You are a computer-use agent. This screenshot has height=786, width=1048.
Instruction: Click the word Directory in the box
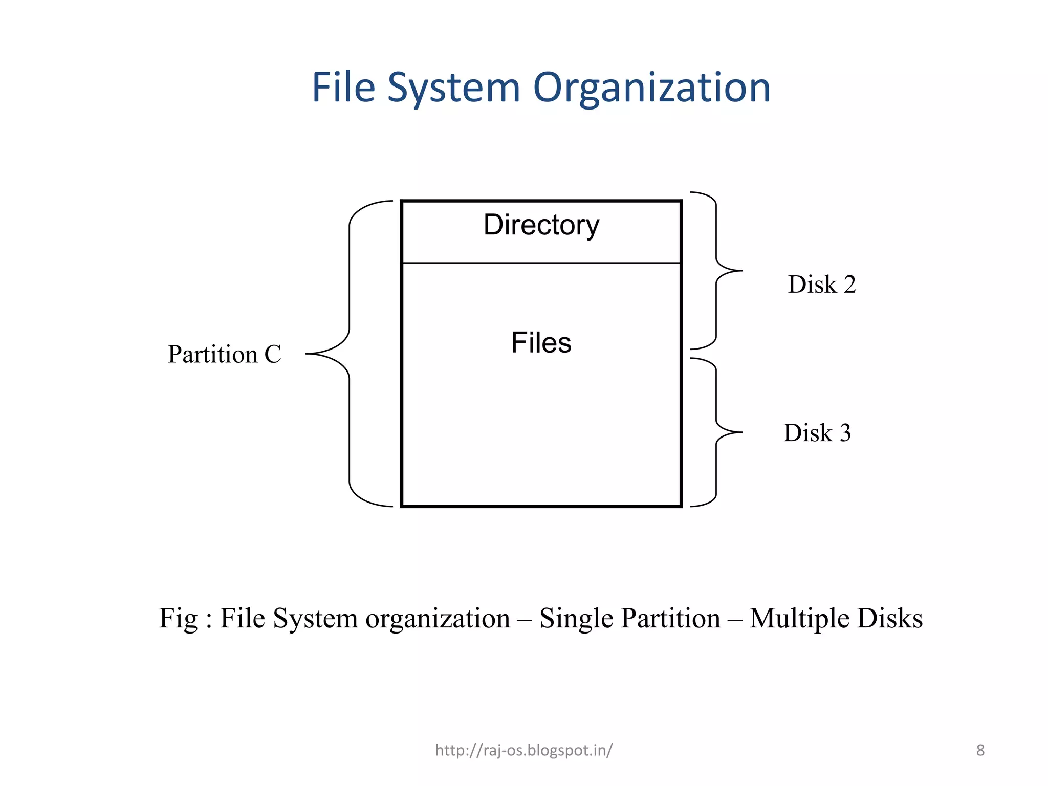[x=541, y=225]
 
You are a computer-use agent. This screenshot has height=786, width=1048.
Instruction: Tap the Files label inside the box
[x=541, y=342]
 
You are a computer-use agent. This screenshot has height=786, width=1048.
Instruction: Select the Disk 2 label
[x=821, y=285]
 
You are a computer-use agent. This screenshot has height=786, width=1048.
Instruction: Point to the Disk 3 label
[x=817, y=433]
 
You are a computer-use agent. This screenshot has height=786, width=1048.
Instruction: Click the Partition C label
[x=224, y=354]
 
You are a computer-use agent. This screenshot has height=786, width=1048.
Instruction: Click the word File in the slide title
[x=343, y=88]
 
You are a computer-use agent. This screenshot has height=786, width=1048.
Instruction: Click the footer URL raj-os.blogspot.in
[x=523, y=750]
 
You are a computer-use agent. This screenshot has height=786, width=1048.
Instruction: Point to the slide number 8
[x=980, y=750]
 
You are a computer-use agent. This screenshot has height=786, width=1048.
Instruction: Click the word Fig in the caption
[x=178, y=618]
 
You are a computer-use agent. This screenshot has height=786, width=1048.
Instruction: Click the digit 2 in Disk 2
[x=850, y=285]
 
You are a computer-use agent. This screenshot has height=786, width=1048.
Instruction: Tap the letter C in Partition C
[x=273, y=354]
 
